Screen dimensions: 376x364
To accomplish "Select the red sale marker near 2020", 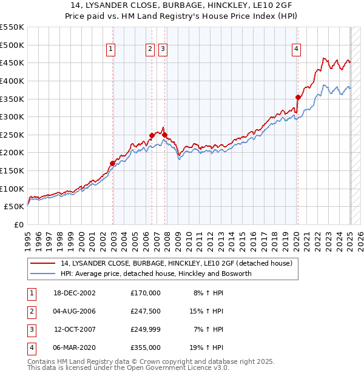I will (x=298, y=97).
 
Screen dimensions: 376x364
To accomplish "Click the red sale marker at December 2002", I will (x=113, y=163).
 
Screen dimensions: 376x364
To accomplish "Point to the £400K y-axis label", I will (x=12, y=81).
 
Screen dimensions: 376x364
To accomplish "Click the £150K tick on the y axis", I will (x=12, y=170).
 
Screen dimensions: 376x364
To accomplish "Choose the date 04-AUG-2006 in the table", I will (x=75, y=311).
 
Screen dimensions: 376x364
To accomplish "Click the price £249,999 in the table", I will (x=146, y=329).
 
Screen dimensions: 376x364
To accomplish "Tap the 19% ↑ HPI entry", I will (x=207, y=347).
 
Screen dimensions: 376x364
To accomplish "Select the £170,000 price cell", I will (x=146, y=293).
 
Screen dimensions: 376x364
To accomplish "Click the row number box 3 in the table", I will (x=31, y=329).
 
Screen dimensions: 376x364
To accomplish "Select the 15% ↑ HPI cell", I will (x=207, y=311).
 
